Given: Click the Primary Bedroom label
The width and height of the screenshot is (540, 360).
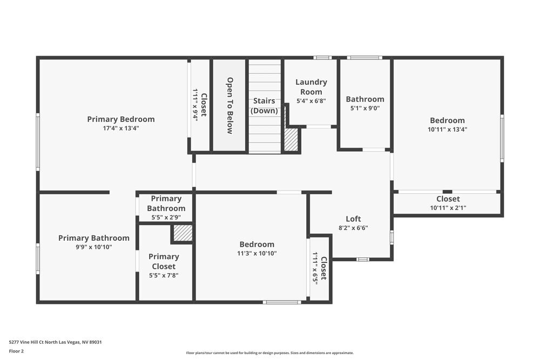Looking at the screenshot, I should coord(121,119).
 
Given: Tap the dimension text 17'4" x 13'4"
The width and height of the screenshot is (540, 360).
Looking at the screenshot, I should coord(121,128).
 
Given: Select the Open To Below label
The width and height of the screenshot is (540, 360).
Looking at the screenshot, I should coord(230,105).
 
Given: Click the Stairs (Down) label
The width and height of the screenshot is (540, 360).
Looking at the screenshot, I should coord(264,106).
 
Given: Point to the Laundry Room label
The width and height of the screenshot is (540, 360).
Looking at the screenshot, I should coord(311,87).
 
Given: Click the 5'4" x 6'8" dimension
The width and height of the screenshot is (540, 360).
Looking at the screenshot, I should coord(311,100).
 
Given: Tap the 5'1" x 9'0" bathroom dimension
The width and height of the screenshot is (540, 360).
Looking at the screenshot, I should coord(365,108).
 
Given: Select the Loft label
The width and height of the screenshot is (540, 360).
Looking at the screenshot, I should coord(353,219).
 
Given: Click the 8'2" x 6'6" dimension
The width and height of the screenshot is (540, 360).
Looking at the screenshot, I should coord(353,228).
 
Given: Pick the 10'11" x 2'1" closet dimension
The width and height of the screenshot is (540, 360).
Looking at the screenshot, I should coord(448,208).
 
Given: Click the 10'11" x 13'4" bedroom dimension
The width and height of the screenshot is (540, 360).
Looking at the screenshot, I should coord(447,130).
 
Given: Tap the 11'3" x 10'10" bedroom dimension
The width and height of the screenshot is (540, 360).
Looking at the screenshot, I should coord(257,254).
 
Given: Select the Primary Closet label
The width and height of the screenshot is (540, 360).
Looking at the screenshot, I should coord(164,261).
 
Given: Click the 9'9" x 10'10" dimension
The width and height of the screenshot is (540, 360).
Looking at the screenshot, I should coord(94,247).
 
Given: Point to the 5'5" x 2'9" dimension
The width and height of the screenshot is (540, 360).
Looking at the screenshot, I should coord(166,218).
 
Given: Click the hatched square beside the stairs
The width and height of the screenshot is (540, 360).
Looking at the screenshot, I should coord(291,140).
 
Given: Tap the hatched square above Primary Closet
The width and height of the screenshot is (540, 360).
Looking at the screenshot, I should coord(183,233).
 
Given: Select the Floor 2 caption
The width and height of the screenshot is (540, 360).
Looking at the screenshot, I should coord(16,351).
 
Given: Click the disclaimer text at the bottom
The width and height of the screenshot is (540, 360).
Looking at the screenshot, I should coord(270,353).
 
